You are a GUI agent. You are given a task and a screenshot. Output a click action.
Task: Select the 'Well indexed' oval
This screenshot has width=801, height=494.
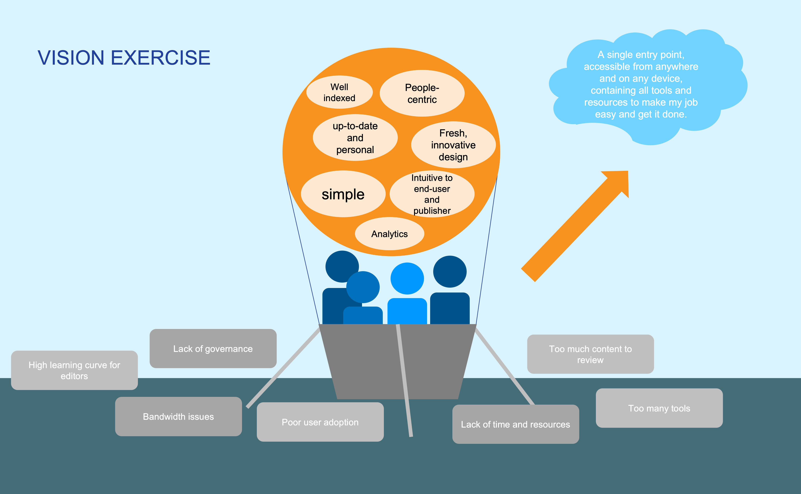[x=339, y=92]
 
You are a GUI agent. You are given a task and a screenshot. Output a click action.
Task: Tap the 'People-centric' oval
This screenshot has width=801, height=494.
[x=422, y=93]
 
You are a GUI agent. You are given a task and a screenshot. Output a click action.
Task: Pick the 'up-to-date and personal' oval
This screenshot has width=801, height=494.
[x=355, y=138]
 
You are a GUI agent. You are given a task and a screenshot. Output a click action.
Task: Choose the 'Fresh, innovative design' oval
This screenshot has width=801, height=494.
[x=453, y=145]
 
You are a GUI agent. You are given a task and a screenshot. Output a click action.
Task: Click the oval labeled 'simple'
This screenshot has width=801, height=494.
[x=343, y=194]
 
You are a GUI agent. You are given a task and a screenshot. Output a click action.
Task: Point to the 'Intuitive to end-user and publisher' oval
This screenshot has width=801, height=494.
[x=432, y=194]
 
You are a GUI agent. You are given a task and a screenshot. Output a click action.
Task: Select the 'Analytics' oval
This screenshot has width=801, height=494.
[x=389, y=234]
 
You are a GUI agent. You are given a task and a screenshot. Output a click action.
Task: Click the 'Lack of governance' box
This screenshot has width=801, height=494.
[x=213, y=349]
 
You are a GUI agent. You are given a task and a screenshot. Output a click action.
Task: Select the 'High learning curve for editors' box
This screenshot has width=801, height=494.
[x=74, y=370]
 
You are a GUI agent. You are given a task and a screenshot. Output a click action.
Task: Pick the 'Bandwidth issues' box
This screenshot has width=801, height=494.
[x=179, y=417]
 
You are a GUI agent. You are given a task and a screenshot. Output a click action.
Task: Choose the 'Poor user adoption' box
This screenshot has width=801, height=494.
[x=320, y=422]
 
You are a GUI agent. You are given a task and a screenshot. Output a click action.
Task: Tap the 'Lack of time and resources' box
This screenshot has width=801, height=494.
[x=516, y=424]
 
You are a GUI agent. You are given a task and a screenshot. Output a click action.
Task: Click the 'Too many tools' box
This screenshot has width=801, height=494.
[x=659, y=408]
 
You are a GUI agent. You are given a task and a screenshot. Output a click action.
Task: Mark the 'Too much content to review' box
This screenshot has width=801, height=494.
[x=590, y=354]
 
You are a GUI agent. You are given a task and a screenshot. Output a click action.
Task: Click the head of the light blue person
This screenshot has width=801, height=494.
[x=407, y=278]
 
